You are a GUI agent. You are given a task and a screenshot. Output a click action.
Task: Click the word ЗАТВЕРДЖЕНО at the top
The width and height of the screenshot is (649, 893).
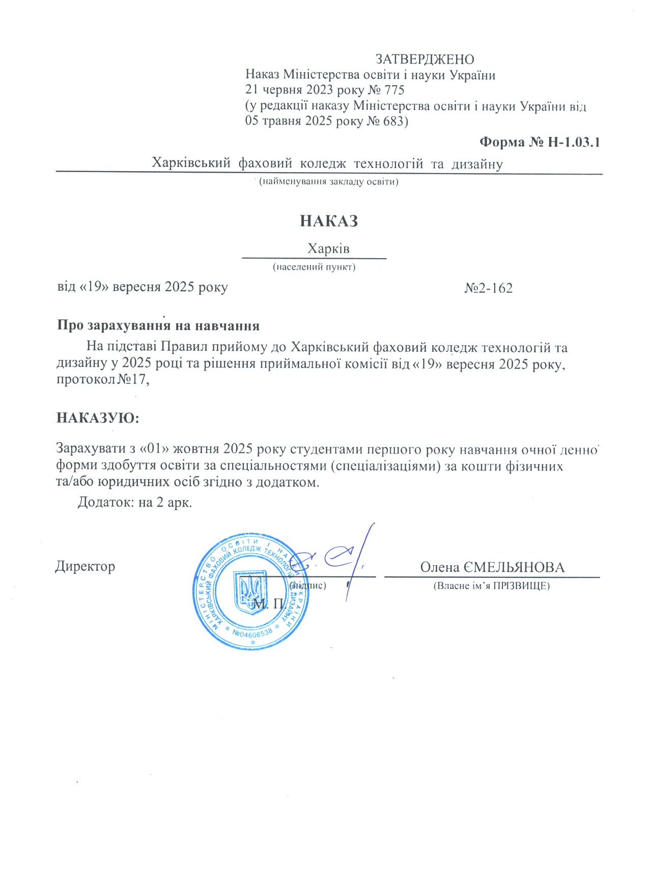[425, 60]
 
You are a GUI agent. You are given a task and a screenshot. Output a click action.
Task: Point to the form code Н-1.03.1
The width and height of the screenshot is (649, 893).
[574, 142]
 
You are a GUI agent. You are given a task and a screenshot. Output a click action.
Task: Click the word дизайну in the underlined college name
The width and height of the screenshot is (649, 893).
[477, 164]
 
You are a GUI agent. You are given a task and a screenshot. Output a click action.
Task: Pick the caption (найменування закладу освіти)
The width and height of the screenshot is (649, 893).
[328, 182]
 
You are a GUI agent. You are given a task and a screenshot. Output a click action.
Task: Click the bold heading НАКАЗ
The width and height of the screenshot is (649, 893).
[329, 221]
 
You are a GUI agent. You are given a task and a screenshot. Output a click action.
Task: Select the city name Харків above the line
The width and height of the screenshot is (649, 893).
[328, 249]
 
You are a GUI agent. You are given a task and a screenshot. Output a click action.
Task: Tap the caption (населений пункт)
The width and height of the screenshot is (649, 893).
[314, 267]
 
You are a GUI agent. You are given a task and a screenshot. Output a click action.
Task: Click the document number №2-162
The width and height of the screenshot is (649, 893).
[488, 288]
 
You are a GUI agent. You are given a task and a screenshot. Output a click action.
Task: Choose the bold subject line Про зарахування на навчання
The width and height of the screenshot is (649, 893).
[158, 326]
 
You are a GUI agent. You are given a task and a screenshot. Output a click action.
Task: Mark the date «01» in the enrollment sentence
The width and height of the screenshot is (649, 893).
[156, 449]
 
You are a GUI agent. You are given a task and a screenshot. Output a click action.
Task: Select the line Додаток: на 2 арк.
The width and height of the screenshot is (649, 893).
[135, 503]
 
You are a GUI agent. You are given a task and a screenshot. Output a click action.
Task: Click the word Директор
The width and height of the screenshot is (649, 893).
[85, 567]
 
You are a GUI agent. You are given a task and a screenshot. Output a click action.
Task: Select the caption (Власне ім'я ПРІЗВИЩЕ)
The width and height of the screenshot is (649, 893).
[491, 586]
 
